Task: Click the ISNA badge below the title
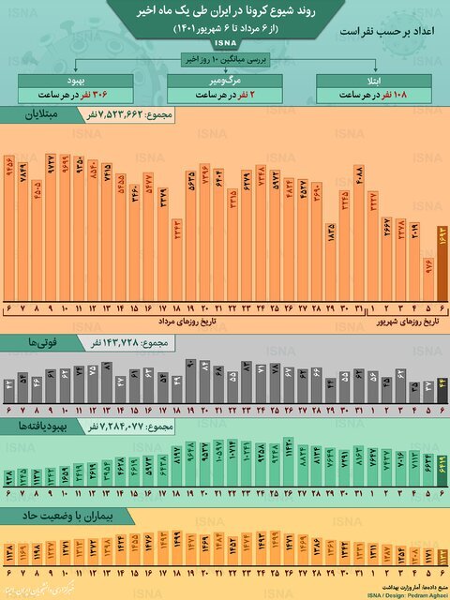pos(225,43)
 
